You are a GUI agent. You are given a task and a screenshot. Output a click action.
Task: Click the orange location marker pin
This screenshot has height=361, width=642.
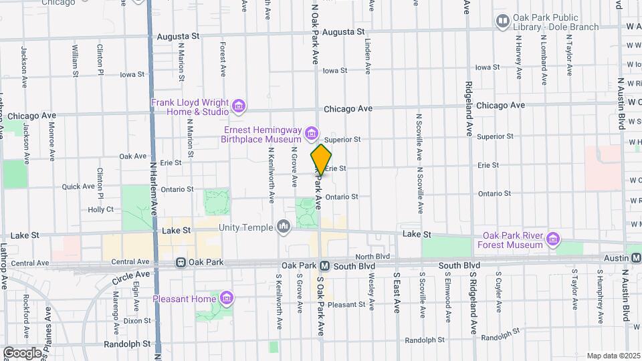[x=321, y=160]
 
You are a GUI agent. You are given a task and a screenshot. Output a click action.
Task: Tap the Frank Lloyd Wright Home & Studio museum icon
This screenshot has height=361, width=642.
[x=238, y=106]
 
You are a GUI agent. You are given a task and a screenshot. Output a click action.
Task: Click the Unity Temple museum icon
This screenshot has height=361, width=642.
[x=284, y=228]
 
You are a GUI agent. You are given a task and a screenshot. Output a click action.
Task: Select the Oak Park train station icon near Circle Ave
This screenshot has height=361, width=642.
[x=181, y=263]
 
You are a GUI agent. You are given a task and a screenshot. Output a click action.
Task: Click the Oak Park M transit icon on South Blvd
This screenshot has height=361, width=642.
[x=324, y=265]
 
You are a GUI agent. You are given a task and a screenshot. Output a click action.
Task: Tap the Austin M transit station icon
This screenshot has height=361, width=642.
[x=635, y=257]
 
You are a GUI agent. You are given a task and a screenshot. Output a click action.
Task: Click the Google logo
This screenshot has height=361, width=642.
[x=22, y=352]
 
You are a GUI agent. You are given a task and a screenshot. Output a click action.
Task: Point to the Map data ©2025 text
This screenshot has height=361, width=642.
[x=613, y=356]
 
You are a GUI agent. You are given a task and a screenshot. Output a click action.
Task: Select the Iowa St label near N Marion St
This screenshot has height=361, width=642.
[x=132, y=74]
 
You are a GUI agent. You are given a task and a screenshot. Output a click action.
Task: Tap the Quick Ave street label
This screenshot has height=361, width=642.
[x=79, y=187]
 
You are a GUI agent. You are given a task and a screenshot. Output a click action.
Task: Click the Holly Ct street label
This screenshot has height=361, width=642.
[x=101, y=209]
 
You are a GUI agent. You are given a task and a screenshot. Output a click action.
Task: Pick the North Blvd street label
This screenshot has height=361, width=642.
[x=372, y=257]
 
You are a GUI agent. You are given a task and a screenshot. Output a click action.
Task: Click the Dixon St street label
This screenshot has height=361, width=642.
[x=137, y=320]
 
